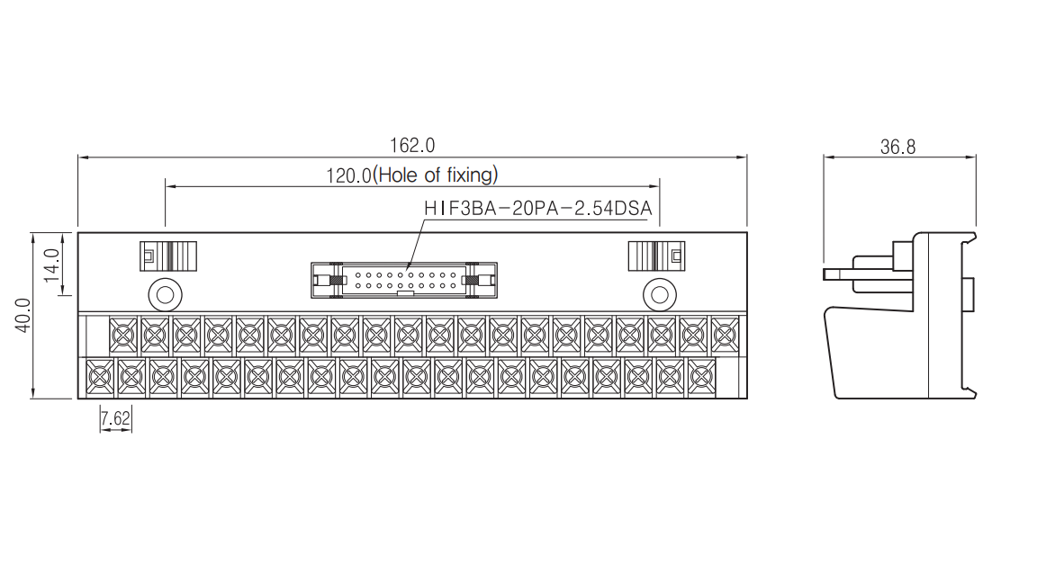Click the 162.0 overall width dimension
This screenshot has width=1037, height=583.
[412, 146]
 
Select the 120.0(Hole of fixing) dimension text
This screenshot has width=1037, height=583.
[412, 175]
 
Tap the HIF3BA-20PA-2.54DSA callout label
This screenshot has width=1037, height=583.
[537, 208]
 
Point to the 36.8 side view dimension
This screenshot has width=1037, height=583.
[897, 147]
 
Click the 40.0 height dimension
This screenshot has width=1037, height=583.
[23, 315]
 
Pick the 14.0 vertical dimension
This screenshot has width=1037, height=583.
[52, 265]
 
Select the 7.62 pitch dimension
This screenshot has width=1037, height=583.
[116, 418]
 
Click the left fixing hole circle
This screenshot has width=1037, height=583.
[166, 294]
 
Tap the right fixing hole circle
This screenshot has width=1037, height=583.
[659, 294]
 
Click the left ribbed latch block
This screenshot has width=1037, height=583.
[168, 256]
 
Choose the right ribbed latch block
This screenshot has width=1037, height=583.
[656, 256]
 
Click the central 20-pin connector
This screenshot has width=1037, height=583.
[404, 281]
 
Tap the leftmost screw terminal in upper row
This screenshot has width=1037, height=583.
[123, 336]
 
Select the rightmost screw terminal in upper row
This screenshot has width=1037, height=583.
[725, 336]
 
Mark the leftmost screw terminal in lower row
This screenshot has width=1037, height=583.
[100, 378]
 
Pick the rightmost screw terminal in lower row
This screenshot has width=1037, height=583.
[701, 378]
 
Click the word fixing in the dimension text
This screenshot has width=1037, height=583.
[472, 175]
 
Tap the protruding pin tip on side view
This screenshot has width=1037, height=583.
[825, 274]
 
